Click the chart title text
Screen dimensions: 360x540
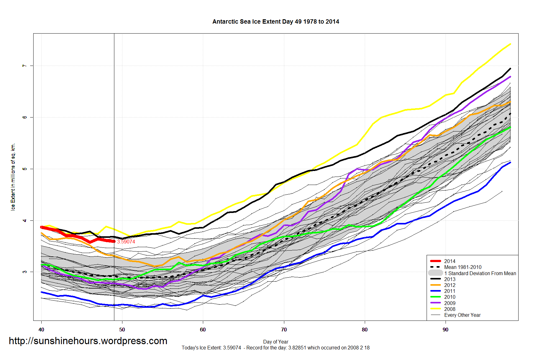click(276, 21)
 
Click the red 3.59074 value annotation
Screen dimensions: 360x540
click(126, 242)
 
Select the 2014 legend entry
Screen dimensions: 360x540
click(450, 261)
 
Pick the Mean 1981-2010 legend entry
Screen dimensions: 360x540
click(463, 267)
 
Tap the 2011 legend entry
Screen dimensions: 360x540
click(450, 291)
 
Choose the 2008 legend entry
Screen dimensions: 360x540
click(450, 309)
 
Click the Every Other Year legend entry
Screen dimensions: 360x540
click(462, 315)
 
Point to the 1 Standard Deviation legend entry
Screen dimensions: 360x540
click(480, 273)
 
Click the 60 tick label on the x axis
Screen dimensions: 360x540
click(203, 330)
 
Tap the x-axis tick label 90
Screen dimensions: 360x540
click(446, 330)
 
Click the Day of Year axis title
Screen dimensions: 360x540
click(276, 342)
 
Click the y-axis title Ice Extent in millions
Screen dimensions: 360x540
click(13, 177)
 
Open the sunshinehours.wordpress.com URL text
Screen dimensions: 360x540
click(88, 341)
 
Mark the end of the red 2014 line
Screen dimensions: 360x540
click(114, 241)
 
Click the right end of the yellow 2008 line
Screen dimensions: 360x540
click(510, 44)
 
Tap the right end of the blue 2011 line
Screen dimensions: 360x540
click(510, 162)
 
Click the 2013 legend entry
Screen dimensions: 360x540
click(450, 279)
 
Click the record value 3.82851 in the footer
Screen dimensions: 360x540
click(297, 348)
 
